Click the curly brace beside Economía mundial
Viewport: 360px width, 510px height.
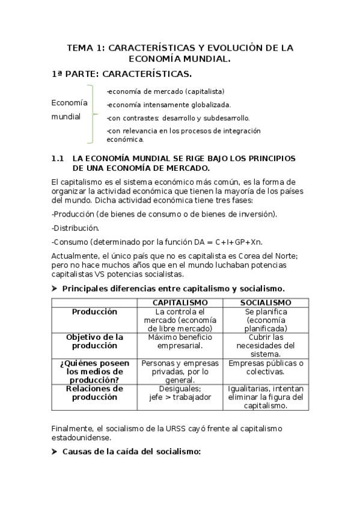(91, 115)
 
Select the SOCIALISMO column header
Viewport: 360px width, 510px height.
(266, 302)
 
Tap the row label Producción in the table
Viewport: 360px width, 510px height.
(94, 312)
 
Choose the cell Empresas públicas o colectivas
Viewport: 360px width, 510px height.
(266, 367)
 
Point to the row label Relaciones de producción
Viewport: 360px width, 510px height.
(94, 393)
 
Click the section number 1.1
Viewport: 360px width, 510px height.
(58, 158)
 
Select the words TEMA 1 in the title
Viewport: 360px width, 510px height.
(85, 48)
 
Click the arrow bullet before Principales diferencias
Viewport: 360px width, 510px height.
(55, 288)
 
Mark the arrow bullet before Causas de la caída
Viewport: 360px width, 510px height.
(55, 451)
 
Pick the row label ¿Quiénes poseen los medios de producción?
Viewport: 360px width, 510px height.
(94, 371)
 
